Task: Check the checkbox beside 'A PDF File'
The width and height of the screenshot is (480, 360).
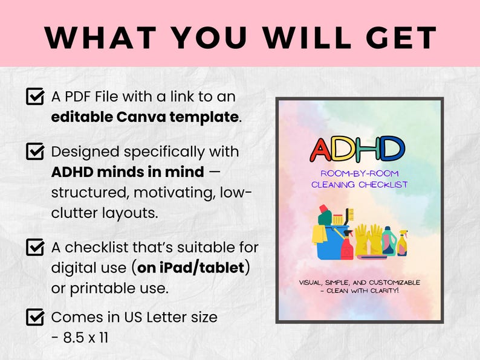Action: point(35,97)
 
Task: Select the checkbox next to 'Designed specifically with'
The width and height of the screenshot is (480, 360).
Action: point(35,151)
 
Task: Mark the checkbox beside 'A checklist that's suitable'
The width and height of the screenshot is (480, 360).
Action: point(35,247)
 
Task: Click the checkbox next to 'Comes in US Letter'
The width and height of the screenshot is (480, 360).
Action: point(35,317)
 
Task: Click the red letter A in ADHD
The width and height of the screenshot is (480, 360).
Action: point(323,150)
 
